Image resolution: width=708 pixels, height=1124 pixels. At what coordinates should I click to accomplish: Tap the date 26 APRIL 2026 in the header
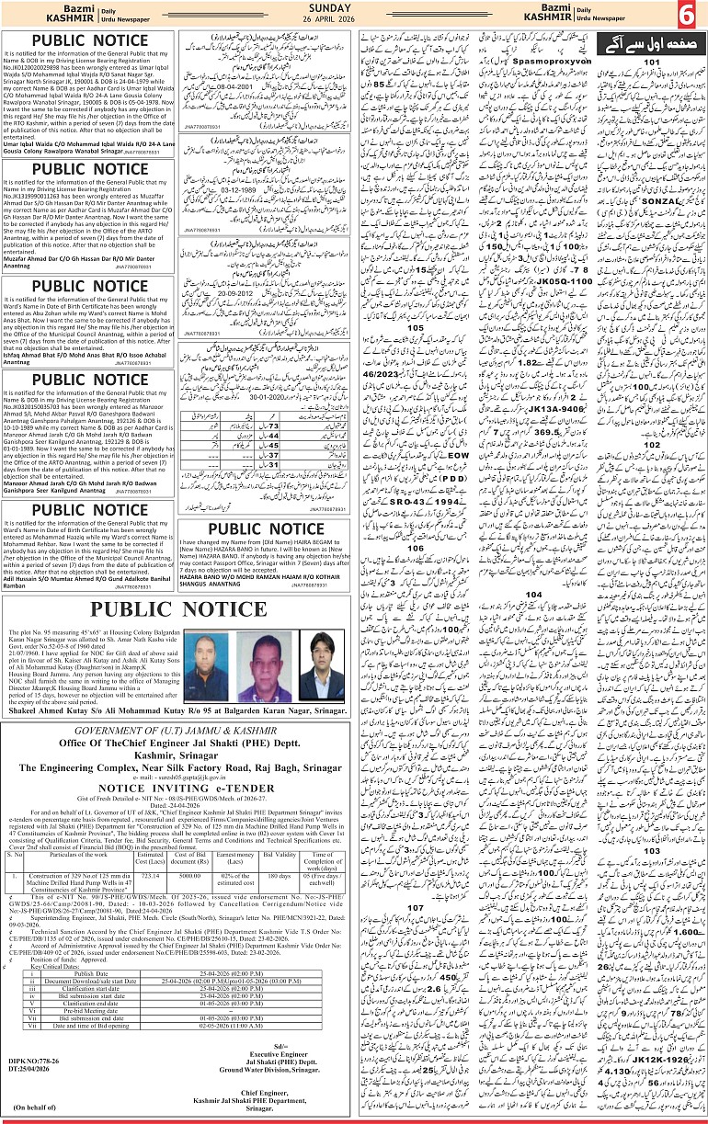coord(354,20)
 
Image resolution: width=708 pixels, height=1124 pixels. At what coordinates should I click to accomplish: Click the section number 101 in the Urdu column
coord(651,62)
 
